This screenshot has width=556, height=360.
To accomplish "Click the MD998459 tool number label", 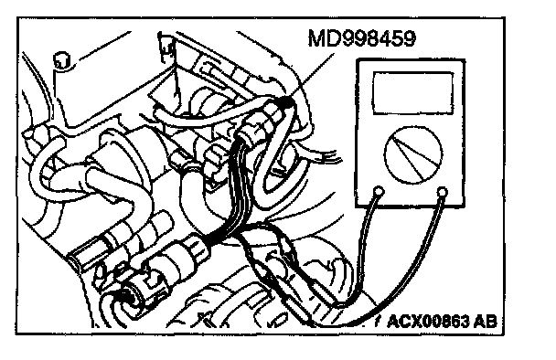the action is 361,38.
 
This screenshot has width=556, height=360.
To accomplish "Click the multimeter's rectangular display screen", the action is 413,93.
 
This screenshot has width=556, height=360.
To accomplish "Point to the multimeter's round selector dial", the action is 413,154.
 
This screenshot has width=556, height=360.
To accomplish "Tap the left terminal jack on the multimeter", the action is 379,191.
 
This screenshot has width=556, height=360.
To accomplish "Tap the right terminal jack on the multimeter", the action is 443,193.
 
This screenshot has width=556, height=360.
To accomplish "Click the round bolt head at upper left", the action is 61,60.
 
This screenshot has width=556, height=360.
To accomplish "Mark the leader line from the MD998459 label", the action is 312,76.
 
